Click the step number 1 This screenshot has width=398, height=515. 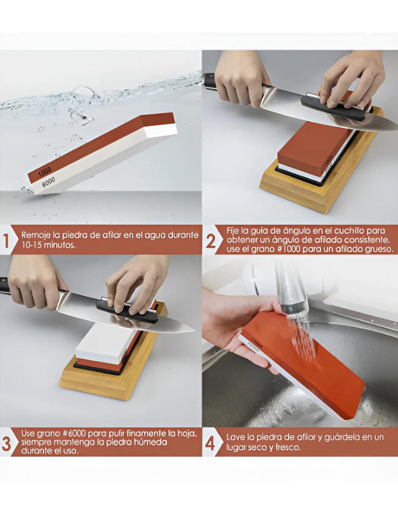(6, 241)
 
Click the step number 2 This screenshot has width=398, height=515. (211, 242)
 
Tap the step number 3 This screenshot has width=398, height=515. (6, 444)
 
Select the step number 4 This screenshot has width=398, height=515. (210, 444)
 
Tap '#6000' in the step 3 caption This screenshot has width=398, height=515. (72, 434)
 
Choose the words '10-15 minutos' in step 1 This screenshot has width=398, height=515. (49, 245)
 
